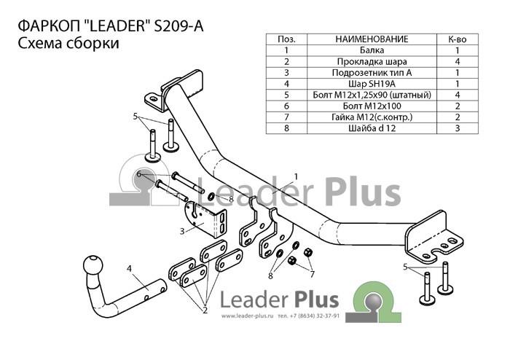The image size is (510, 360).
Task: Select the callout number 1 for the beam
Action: (296, 176)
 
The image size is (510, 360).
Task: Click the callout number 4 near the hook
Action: (130, 268)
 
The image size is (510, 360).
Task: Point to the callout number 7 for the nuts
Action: (312, 275)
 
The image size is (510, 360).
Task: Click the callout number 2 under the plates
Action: (205, 310)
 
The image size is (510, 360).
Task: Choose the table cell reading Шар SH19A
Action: (372, 84)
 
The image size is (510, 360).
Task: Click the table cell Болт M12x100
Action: (372, 106)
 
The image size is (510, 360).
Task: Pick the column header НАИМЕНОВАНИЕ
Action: (372, 39)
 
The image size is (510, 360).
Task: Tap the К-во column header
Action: (457, 39)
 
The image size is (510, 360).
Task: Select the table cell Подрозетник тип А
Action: (372, 73)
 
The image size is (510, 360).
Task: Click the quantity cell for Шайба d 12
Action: (458, 128)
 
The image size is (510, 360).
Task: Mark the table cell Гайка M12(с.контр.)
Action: (372, 117)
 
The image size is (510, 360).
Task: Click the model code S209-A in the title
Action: (178, 26)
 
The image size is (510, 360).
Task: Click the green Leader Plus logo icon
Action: (373, 302)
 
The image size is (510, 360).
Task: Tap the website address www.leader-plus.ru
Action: (247, 316)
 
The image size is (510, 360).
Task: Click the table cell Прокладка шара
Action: (372, 61)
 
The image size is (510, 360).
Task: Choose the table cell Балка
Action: (372, 50)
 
